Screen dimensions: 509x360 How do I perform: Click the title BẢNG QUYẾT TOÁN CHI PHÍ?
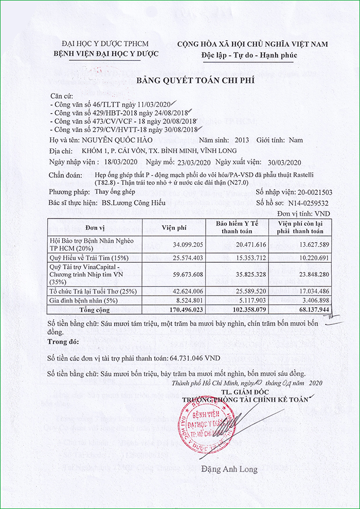(x=195, y=81)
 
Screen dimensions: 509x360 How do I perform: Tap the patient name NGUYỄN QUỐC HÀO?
(x=126, y=140)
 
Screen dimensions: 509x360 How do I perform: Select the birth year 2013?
(x=241, y=140)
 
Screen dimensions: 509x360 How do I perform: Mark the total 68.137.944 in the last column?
(x=307, y=310)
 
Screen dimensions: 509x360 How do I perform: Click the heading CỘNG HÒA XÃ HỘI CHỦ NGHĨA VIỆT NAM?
(x=253, y=44)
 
